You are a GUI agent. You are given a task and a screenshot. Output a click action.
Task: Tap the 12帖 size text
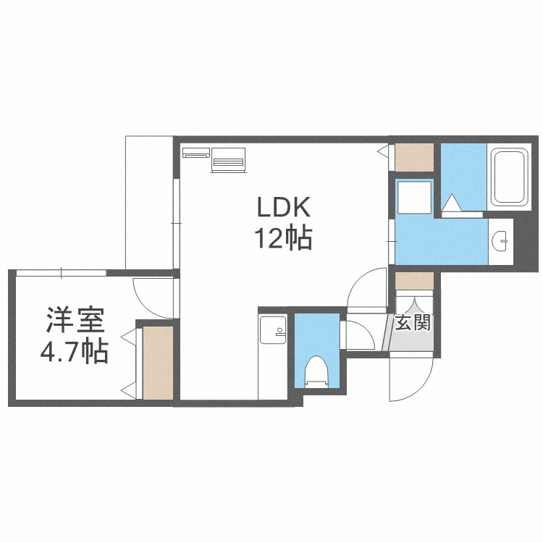point(282,238)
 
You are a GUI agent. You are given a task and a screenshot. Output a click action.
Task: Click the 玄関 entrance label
point(413,321)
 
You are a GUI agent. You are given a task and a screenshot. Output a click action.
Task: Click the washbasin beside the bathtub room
point(500,240)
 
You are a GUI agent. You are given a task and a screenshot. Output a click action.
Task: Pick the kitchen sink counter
point(273,355)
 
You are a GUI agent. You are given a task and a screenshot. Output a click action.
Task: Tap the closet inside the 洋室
point(158,363)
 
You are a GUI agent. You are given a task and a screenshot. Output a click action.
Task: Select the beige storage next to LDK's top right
point(413,158)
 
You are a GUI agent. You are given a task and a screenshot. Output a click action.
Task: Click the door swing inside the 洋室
point(153,298)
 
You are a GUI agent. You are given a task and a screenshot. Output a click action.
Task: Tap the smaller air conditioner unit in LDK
point(195,153)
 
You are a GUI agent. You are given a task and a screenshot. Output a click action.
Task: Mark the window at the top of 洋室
point(61,272)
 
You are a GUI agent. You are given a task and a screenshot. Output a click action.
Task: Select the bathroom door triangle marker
point(450,201)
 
